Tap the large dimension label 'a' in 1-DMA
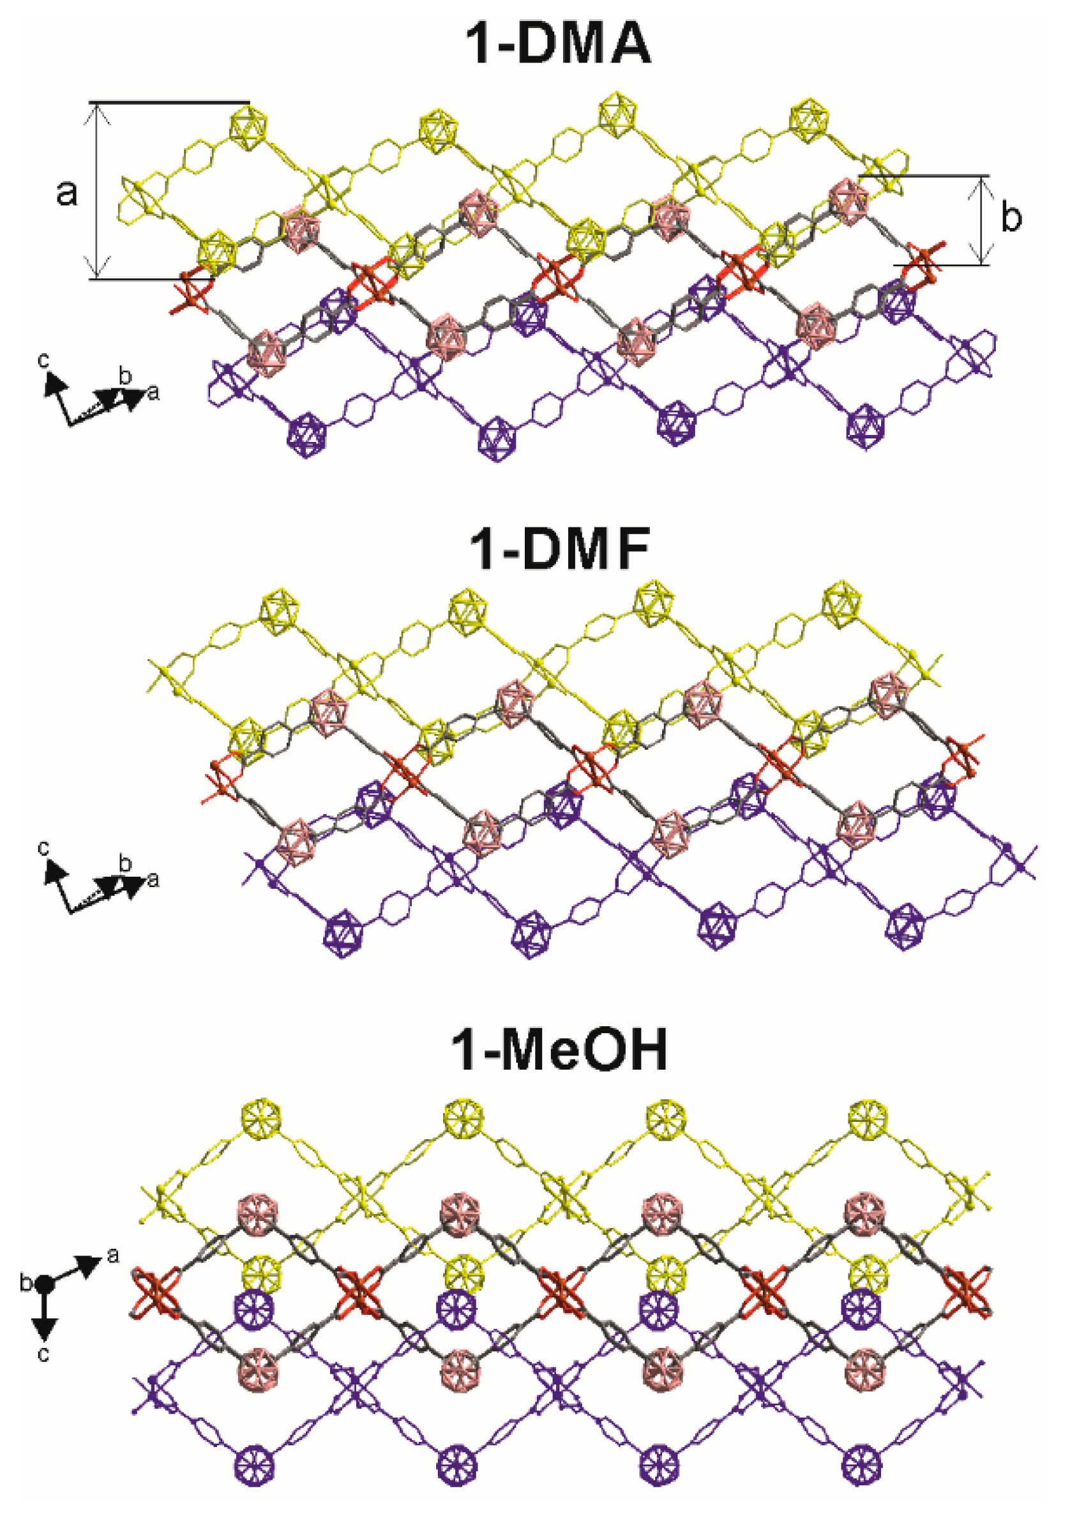point(66,192)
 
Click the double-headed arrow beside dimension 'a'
point(98,192)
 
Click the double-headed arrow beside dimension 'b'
point(981,220)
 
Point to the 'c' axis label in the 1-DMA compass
point(43,361)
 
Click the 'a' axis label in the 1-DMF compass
point(154,879)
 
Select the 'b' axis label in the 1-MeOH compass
point(26,1284)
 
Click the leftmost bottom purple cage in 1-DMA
point(308,434)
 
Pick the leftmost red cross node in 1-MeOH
point(156,1289)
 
